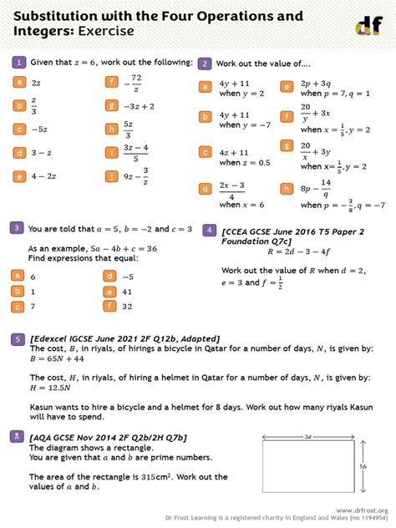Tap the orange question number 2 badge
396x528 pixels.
[x=204, y=63]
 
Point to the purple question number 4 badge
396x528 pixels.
[x=210, y=228]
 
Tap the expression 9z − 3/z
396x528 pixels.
[x=135, y=175]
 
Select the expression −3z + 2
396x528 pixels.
[x=139, y=106]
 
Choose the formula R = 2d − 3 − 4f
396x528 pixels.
[x=299, y=251]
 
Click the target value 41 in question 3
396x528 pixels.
[x=127, y=292]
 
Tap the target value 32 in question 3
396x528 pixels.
[x=127, y=307]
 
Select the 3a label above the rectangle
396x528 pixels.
[x=308, y=436]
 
